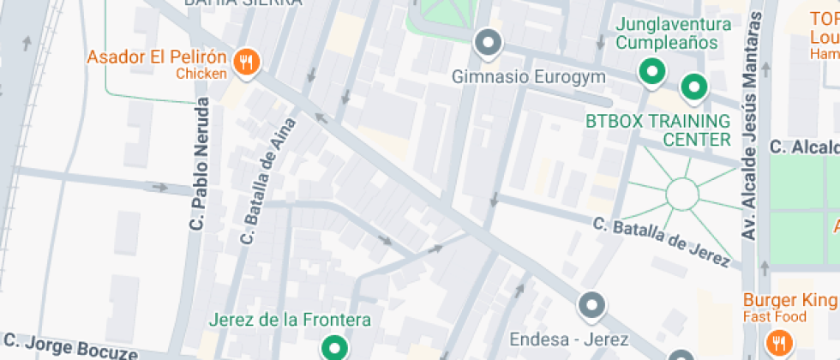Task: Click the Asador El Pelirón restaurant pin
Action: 248,61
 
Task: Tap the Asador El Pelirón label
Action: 156,59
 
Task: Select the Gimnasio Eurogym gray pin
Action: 489,42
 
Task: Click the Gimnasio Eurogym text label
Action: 529,77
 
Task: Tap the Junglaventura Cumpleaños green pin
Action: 652,71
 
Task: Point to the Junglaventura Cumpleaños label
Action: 673,33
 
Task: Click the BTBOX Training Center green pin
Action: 693,87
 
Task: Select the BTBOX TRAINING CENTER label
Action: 658,130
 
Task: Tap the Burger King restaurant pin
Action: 779,341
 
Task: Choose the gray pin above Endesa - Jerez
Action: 591,304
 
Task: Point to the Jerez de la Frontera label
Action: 291,320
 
